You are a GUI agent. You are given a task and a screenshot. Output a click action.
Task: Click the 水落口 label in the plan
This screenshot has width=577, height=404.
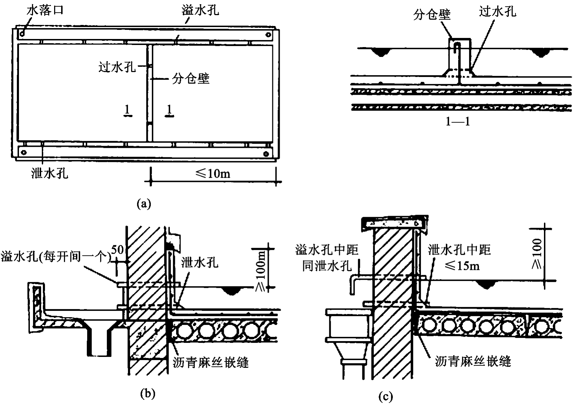click(x=45, y=11)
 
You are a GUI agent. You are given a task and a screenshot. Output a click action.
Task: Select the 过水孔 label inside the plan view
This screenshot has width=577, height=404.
click(x=117, y=67)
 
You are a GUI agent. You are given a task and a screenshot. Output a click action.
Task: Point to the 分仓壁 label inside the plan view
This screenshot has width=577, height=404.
click(x=190, y=78)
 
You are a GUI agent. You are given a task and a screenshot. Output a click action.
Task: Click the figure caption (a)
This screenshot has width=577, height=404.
click(x=144, y=204)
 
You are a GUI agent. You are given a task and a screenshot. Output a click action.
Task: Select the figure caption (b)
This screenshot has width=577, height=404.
click(x=148, y=394)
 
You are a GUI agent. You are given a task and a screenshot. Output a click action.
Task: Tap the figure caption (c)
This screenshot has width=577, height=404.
click(x=385, y=397)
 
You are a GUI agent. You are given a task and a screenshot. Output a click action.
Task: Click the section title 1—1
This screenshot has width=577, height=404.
click(x=458, y=121)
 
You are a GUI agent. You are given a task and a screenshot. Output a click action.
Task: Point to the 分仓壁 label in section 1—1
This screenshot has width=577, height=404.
click(x=432, y=14)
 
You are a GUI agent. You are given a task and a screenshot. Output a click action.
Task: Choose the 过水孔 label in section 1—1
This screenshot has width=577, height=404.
click(x=498, y=11)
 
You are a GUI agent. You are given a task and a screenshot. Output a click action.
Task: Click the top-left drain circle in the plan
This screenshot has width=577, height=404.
click(x=22, y=33)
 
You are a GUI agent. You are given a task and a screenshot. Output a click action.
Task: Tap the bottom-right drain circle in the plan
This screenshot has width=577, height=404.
click(x=266, y=154)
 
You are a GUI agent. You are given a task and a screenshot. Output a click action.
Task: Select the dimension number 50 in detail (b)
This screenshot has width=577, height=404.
click(x=117, y=249)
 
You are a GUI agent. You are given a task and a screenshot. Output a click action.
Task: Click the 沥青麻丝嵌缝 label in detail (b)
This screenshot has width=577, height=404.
click(x=211, y=363)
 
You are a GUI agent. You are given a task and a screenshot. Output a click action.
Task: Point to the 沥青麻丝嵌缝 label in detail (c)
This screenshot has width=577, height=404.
click(x=473, y=361)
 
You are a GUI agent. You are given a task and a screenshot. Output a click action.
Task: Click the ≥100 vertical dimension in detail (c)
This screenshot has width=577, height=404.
click(x=537, y=254)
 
